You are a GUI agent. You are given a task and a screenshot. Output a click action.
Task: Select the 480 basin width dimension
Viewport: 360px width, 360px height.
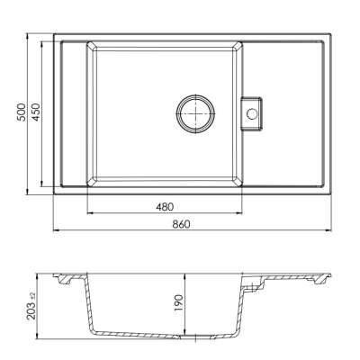[165, 207]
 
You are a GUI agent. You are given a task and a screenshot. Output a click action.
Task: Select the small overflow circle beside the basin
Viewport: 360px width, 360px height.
[253, 113]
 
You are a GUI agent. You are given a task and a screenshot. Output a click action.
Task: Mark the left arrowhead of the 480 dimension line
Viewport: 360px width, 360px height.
[90, 213]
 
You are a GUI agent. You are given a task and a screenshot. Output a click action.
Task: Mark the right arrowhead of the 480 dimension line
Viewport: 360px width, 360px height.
[240, 213]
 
